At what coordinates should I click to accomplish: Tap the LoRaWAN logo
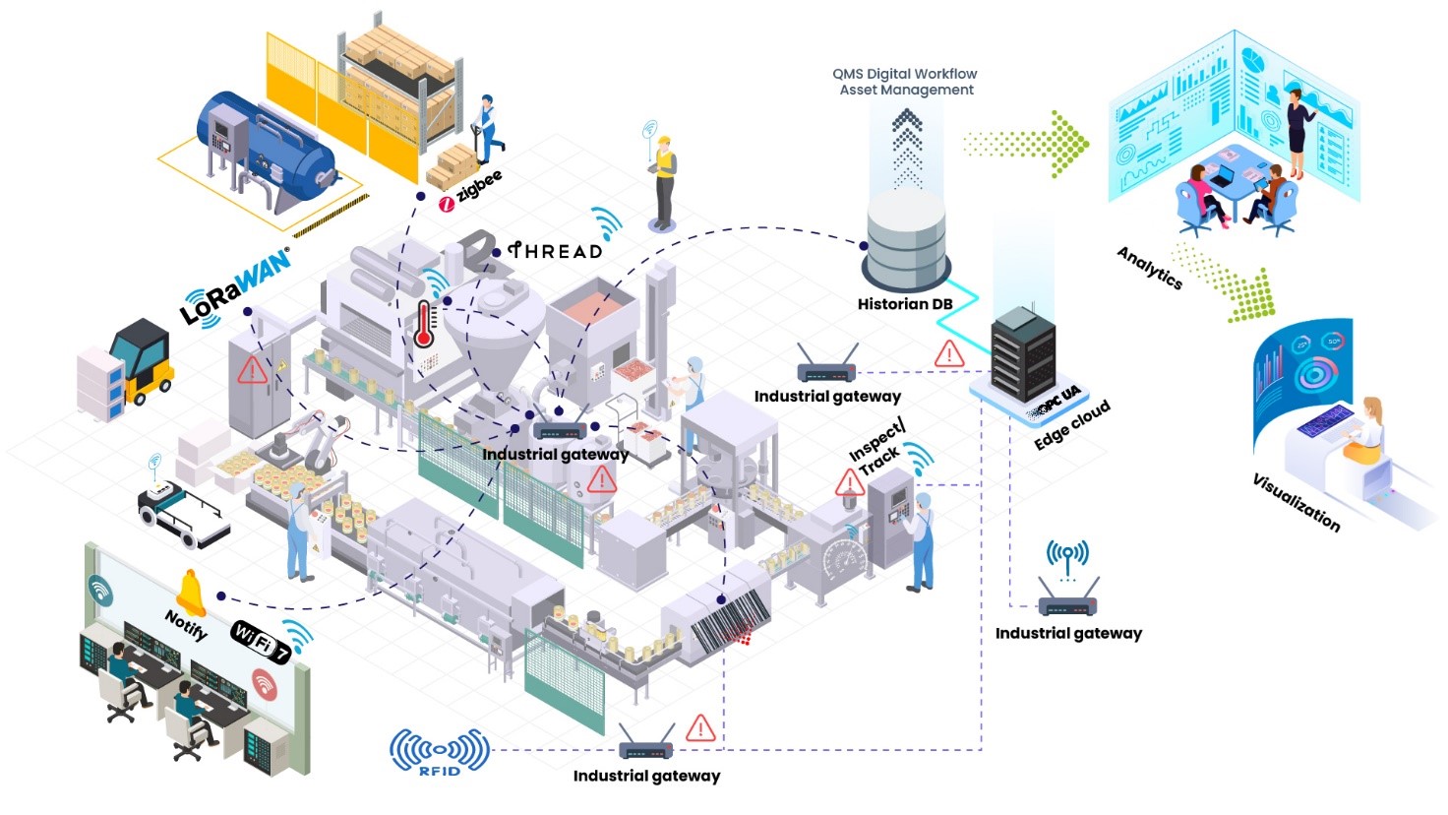(236, 285)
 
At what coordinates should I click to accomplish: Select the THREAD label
(556, 251)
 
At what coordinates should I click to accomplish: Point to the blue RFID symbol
(440, 752)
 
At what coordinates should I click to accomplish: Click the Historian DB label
(904, 304)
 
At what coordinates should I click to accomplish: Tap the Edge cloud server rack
(1023, 354)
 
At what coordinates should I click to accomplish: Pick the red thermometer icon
(424, 324)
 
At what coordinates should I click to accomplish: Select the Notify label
(186, 625)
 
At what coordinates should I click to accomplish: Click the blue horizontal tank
(266, 148)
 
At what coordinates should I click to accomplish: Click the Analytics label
(1149, 267)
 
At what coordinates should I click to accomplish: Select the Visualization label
(1296, 501)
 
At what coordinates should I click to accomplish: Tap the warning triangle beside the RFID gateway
(700, 728)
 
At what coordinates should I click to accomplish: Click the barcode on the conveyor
(718, 620)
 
